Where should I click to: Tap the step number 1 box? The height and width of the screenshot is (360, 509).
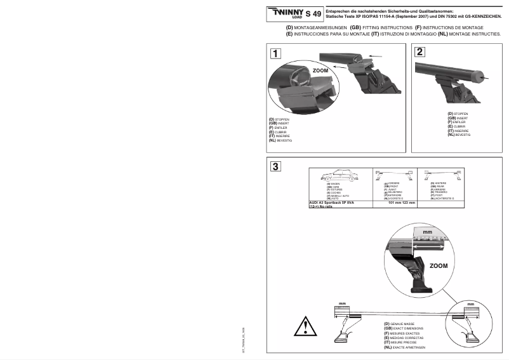(275, 53)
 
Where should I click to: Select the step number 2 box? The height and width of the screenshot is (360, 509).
(420, 53)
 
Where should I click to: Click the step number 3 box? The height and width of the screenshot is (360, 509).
(275, 167)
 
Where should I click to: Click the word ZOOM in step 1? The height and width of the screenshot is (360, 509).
(321, 71)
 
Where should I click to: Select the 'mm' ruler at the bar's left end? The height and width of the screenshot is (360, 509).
(343, 308)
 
